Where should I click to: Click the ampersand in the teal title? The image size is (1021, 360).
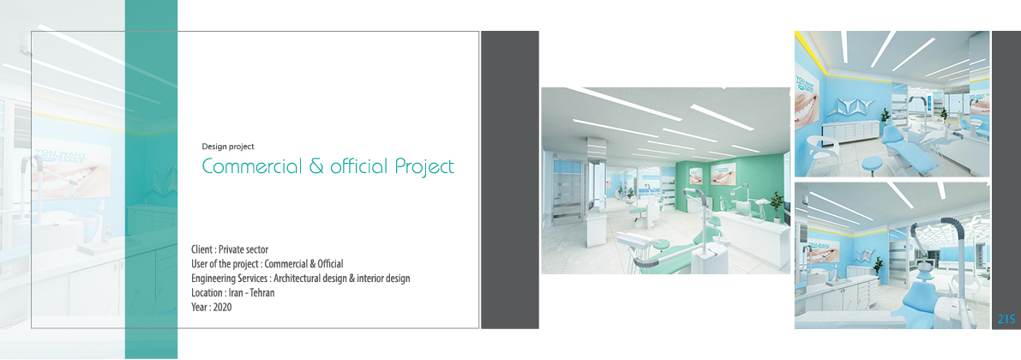(316, 166)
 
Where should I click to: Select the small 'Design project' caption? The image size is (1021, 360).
(228, 147)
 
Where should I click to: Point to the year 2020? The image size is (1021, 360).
(222, 307)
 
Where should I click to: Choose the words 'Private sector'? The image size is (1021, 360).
(243, 249)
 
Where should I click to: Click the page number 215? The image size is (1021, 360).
(1006, 319)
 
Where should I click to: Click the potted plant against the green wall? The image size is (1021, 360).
(776, 204)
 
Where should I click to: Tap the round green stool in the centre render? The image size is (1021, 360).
(659, 245)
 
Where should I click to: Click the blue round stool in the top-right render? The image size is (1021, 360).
(873, 165)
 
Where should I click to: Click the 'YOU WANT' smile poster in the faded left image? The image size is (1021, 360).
(72, 171)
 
